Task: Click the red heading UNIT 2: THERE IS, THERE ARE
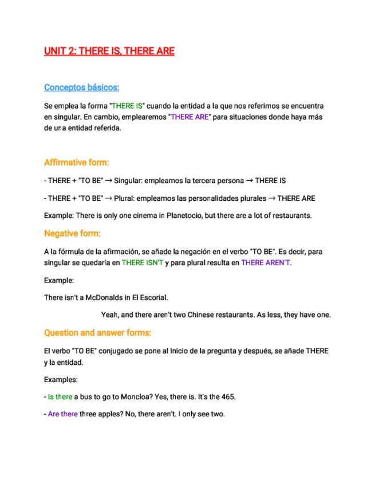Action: tap(109, 51)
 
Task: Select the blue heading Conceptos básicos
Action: tap(82, 88)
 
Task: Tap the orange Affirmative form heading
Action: tap(76, 162)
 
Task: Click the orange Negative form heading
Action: tap(72, 233)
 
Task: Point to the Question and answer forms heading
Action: tap(98, 333)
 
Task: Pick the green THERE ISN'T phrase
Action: tap(143, 263)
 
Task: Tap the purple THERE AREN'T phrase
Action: tap(266, 263)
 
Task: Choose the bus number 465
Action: tap(227, 397)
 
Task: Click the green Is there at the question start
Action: tap(60, 397)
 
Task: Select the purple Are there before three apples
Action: tap(62, 414)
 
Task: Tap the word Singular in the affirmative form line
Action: tap(127, 181)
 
